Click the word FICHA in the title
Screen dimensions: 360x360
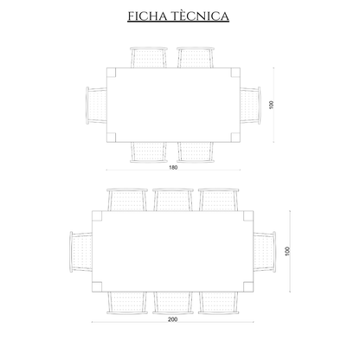point(147,16)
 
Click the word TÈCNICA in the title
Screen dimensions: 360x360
point(200,16)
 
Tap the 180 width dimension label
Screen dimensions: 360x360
point(173,167)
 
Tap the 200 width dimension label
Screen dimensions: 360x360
point(172,319)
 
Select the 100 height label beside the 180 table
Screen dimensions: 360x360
point(271,105)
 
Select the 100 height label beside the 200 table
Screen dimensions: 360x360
point(287,251)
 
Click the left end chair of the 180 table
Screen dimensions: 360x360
point(96,106)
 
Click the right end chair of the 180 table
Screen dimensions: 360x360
point(250,106)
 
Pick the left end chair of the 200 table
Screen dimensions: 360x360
point(81,252)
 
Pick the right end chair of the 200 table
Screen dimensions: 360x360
point(265,252)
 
